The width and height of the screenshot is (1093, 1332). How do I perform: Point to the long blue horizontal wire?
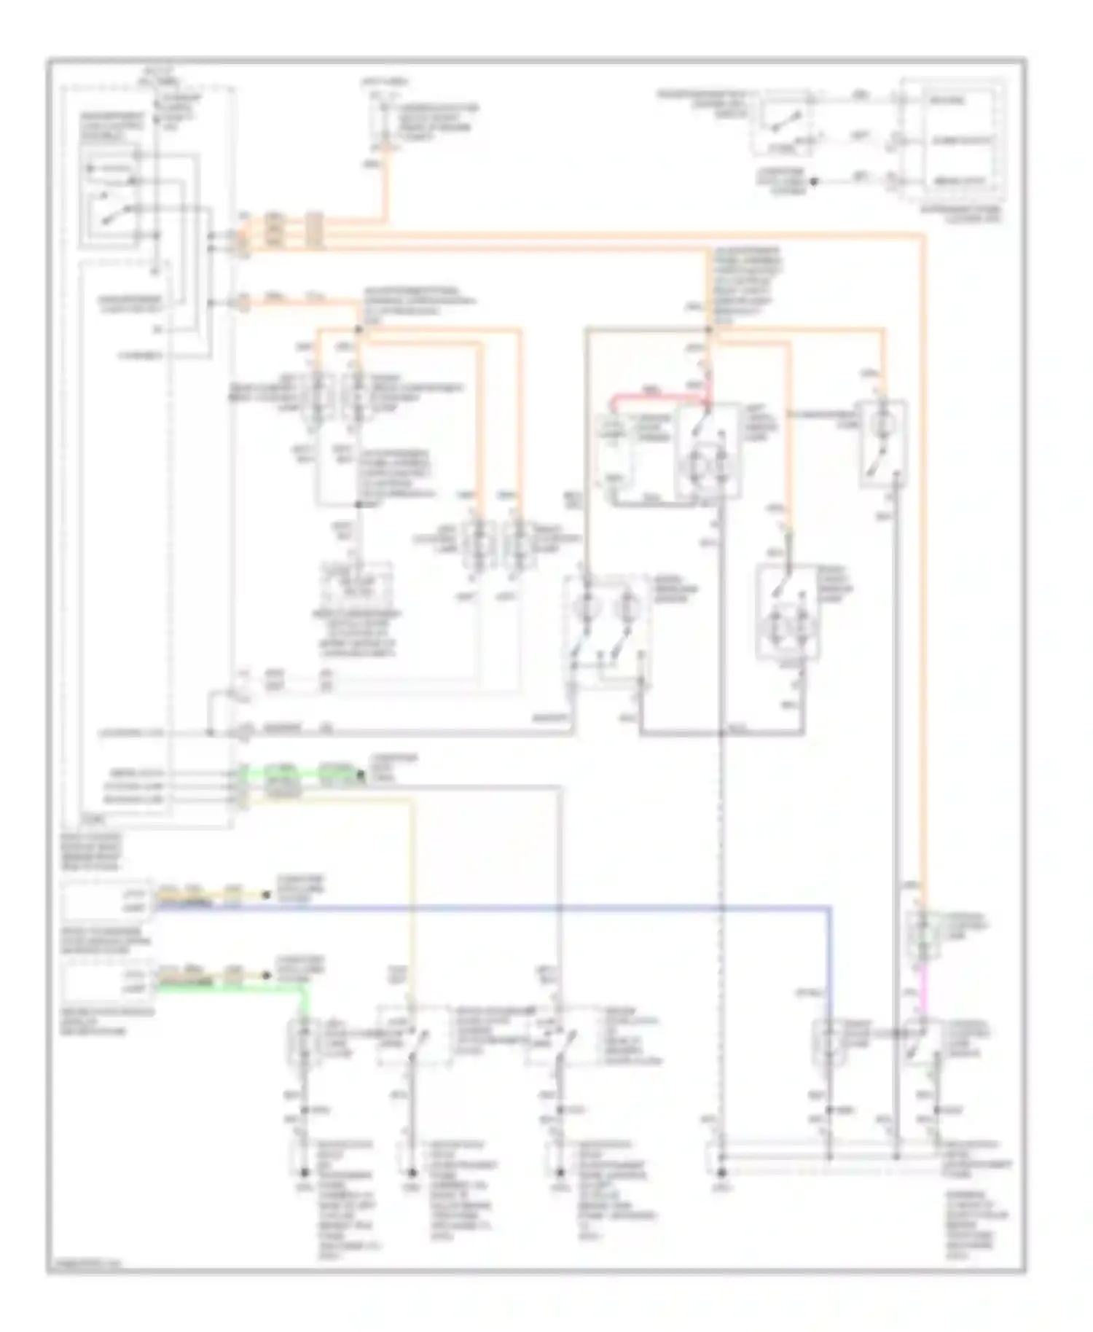[510, 907]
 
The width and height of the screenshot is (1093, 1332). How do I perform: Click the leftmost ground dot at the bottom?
[304, 1172]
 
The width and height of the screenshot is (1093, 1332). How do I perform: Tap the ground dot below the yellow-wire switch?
[412, 1172]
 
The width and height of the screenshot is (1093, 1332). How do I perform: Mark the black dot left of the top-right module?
[815, 181]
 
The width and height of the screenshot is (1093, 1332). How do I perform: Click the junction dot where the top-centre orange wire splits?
[358, 329]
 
